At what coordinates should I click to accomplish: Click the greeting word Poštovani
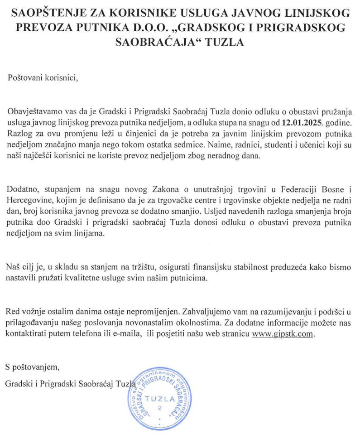(26, 77)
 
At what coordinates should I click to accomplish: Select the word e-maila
(122, 333)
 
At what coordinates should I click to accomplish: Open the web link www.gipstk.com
(283, 333)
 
